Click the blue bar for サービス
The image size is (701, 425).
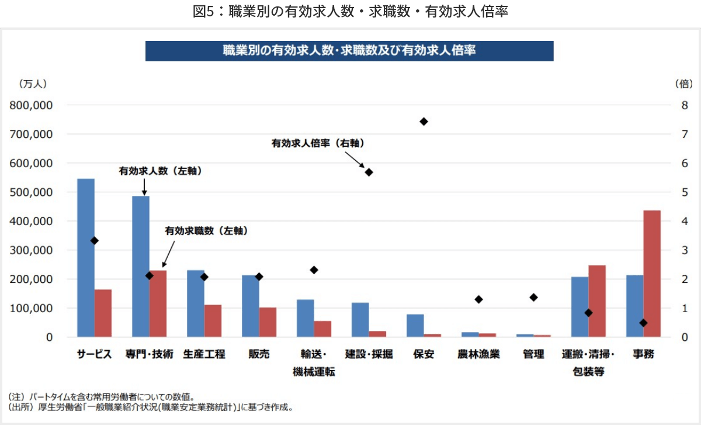[x=86, y=257]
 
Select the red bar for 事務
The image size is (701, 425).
[x=652, y=273]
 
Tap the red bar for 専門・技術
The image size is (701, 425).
[x=158, y=303]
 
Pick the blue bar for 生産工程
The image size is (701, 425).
[x=196, y=303]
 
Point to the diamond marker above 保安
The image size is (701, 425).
[x=424, y=122]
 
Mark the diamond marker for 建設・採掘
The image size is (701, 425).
[x=369, y=172]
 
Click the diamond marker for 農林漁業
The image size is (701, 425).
[x=479, y=299]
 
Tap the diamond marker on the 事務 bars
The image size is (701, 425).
[x=643, y=323]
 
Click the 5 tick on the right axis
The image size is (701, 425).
[x=684, y=192]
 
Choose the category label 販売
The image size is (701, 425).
[x=259, y=354]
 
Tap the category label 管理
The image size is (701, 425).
[x=533, y=354]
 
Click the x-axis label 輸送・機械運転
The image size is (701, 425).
[x=314, y=363]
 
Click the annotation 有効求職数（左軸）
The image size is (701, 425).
[x=206, y=231]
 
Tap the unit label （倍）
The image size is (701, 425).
[x=684, y=84]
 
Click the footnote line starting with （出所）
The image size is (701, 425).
[x=152, y=407]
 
